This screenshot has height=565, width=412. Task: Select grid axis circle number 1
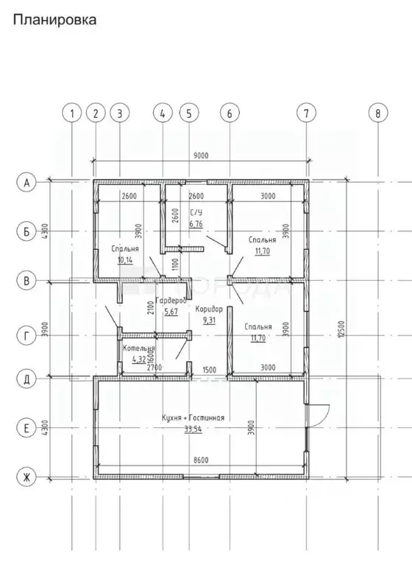point(72,113)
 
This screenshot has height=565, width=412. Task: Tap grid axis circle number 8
point(377,113)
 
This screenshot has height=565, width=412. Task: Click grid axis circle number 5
point(189,113)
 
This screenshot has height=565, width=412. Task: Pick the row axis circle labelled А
point(26,183)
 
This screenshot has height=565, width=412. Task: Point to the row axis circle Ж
point(26,478)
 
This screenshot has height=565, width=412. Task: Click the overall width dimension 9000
point(201,155)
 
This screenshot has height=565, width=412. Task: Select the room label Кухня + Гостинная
point(193,418)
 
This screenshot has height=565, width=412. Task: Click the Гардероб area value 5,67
point(171,312)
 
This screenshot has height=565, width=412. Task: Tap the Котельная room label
point(139,348)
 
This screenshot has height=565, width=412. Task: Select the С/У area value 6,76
point(196,224)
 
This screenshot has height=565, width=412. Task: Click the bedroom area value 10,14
point(124,259)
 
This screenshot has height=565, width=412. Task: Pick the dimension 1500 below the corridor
point(210,368)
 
